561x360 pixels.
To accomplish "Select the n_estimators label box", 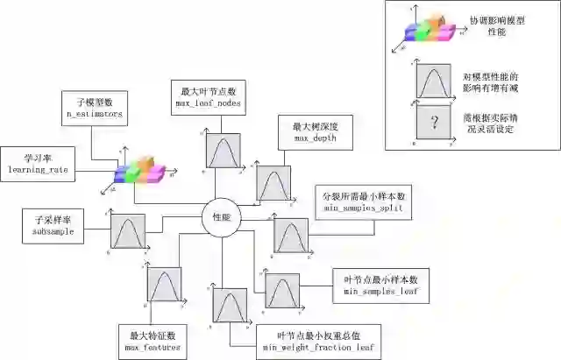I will coord(96,109).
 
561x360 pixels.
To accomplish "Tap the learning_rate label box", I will coord(37,162).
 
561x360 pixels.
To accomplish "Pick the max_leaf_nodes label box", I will coord(210,97).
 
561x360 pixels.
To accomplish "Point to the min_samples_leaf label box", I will coord(380,285).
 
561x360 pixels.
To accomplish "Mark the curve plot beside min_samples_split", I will coord(291,236).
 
